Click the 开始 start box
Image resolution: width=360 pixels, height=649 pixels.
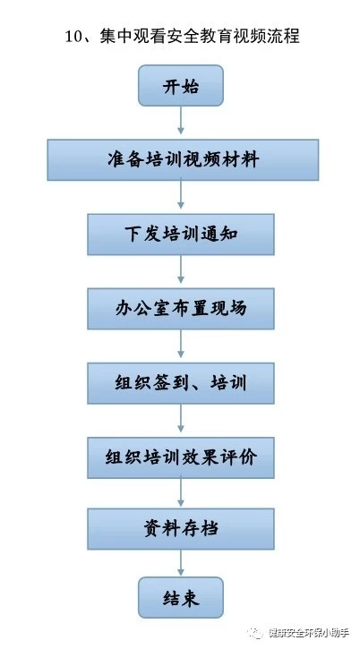pos(181,86)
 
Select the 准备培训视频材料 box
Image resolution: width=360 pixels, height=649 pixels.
pos(183,159)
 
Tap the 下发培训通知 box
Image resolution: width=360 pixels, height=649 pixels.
pos(181,235)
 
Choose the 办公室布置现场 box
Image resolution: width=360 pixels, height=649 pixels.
pos(181,309)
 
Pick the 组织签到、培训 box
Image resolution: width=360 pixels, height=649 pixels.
pos(181,383)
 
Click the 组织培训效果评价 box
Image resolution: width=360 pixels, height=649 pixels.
pos(181,457)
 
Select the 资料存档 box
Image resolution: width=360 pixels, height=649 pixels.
pos(181,529)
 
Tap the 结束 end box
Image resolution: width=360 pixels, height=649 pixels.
pos(181,598)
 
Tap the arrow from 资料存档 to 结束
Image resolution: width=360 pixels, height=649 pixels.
pos(181,562)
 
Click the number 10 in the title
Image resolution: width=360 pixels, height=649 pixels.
pos(74,37)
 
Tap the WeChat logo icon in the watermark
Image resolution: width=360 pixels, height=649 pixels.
pos(255,633)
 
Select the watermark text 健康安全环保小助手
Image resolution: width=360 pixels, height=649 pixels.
pos(309,633)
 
